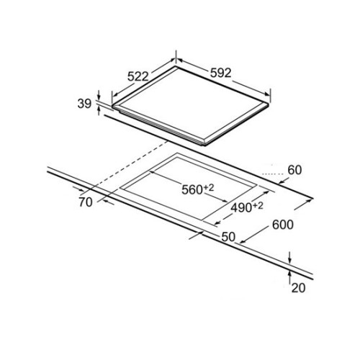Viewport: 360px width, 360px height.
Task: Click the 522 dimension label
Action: pyautogui.click(x=138, y=76)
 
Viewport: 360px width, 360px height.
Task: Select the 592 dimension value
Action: pyautogui.click(x=220, y=73)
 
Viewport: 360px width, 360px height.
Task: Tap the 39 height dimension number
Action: pyautogui.click(x=84, y=104)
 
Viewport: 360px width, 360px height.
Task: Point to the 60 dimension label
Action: pyautogui.click(x=294, y=170)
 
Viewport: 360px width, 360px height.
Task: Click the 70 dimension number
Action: pyautogui.click(x=86, y=202)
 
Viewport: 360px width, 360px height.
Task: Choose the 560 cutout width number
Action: pyautogui.click(x=192, y=190)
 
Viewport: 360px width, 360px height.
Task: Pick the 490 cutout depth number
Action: pyautogui.click(x=241, y=208)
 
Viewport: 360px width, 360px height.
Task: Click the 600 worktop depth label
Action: pyautogui.click(x=283, y=225)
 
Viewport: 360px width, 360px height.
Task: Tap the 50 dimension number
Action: pyautogui.click(x=228, y=237)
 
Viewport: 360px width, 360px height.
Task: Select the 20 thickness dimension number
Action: pyautogui.click(x=298, y=288)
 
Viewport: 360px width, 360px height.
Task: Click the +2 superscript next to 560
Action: pyautogui.click(x=209, y=188)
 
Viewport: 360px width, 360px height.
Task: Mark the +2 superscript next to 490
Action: pyautogui.click(x=258, y=206)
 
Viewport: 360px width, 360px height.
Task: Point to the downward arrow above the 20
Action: pyautogui.click(x=290, y=257)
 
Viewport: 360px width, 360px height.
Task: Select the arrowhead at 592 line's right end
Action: pyautogui.click(x=267, y=94)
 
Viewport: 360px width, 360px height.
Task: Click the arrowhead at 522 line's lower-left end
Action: pyautogui.click(x=115, y=94)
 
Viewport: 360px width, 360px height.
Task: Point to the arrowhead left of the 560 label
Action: pyautogui.click(x=153, y=172)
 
